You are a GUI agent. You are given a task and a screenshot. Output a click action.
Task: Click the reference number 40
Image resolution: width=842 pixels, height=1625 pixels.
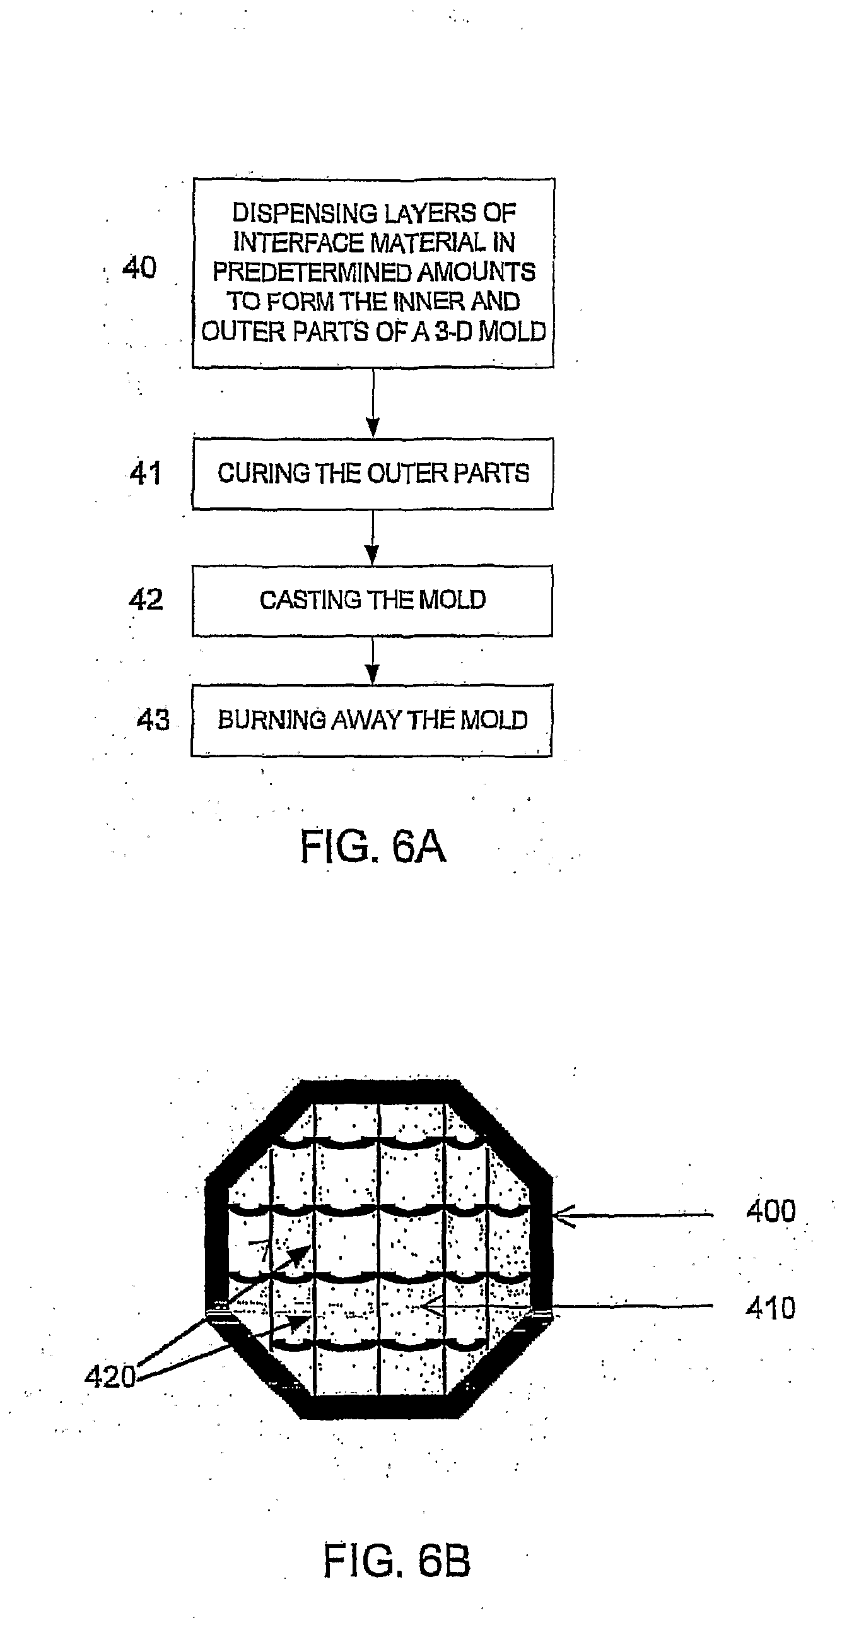(x=139, y=268)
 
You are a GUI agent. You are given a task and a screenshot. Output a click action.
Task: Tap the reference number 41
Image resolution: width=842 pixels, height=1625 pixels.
(x=146, y=473)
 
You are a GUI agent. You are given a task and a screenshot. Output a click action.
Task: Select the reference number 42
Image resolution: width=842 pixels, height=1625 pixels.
(x=146, y=600)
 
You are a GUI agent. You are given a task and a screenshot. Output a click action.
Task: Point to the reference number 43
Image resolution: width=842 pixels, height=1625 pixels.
(x=153, y=719)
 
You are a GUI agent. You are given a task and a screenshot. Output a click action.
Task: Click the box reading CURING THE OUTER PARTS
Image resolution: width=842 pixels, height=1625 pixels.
(x=373, y=473)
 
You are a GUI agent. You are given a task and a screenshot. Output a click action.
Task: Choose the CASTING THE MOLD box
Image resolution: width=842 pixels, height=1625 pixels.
(x=372, y=600)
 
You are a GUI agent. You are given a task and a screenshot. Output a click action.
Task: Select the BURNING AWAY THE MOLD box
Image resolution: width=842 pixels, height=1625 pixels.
(x=371, y=720)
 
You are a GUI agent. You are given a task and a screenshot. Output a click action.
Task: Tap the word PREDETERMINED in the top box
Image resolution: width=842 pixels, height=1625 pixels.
(x=313, y=272)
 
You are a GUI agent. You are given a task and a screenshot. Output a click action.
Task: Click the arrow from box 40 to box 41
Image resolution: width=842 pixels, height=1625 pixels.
(x=373, y=403)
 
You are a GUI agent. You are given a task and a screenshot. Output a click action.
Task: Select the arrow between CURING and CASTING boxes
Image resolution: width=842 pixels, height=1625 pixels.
(x=373, y=537)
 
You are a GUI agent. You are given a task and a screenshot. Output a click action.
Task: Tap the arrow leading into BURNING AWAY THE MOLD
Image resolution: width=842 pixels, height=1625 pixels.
(x=373, y=661)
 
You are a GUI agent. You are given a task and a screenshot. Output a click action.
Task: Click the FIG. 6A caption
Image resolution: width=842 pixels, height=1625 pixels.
(x=373, y=846)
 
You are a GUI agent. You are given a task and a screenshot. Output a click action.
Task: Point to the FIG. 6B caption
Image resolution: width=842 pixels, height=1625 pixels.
(x=397, y=1561)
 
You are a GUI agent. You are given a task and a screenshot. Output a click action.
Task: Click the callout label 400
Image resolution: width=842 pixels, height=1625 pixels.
(x=771, y=1211)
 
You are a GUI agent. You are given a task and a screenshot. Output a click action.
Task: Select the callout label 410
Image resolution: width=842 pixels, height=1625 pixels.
(x=771, y=1308)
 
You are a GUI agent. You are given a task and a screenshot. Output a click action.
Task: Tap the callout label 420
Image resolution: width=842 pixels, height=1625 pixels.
(x=110, y=1376)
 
